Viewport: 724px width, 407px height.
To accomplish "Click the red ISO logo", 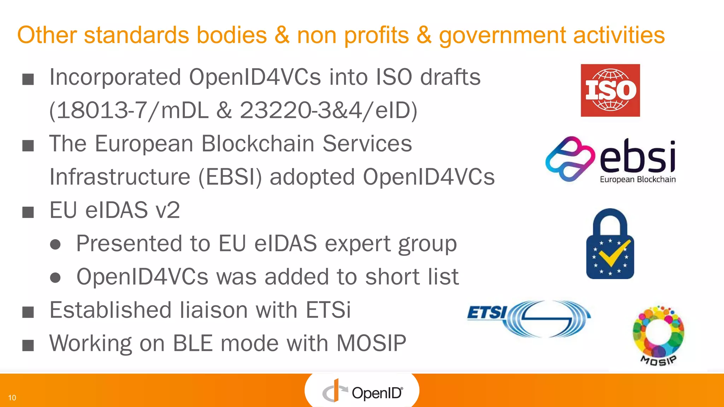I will point(610,90).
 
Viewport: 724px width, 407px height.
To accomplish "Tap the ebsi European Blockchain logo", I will point(611,160).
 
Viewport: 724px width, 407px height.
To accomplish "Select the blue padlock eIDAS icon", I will point(610,244).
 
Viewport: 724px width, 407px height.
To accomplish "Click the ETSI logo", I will point(529,318).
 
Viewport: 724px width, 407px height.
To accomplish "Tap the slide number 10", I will point(12,398).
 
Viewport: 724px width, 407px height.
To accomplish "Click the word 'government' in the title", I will point(502,35).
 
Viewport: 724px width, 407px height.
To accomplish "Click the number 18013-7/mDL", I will point(129,110).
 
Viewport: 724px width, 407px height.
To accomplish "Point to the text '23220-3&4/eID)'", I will point(329,110).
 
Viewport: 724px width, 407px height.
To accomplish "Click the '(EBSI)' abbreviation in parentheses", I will point(230,177).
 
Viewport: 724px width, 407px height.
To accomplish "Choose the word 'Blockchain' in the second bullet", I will point(258,143).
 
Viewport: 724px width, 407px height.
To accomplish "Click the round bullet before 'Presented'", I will point(55,244).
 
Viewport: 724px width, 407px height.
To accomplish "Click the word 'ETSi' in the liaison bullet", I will point(328,310).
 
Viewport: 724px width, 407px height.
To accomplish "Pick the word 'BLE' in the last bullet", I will point(193,343).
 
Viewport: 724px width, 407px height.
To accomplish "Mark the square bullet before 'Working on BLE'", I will point(28,345).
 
